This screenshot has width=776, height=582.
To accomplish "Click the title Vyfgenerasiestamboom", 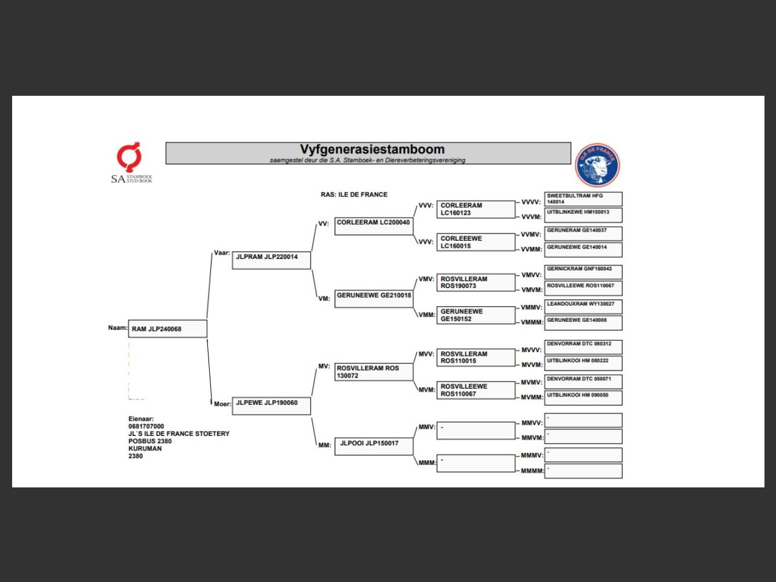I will pyautogui.click(x=372, y=149).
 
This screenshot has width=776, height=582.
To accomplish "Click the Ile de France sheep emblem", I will pyautogui.click(x=597, y=165).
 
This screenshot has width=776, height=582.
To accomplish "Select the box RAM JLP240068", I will pyautogui.click(x=167, y=329).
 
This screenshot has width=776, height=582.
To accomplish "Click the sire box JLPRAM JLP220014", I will pyautogui.click(x=271, y=260).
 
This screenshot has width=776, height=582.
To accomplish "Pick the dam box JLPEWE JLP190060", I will pyautogui.click(x=271, y=406).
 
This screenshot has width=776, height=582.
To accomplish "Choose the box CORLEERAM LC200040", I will pyautogui.click(x=373, y=226).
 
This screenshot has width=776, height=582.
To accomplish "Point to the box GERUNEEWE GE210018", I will pyautogui.click(x=373, y=299).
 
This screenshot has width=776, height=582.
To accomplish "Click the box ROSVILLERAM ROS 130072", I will pyautogui.click(x=373, y=372).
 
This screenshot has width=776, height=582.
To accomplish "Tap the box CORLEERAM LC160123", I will pyautogui.click(x=476, y=209).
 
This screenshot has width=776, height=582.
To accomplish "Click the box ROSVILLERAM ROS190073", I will pyautogui.click(x=476, y=283).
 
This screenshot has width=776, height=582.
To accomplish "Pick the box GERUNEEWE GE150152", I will pyautogui.click(x=476, y=315).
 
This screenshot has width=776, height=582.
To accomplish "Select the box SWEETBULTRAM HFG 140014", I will pyautogui.click(x=583, y=199).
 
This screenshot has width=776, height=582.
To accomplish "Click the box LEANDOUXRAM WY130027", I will pyautogui.click(x=583, y=306).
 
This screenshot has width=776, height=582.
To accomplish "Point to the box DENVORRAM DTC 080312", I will pyautogui.click(x=583, y=346).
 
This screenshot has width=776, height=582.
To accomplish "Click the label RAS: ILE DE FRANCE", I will pyautogui.click(x=354, y=195).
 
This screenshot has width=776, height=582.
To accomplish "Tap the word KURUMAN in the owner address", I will pyautogui.click(x=145, y=449).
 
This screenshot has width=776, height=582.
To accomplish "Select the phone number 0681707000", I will pyautogui.click(x=146, y=426).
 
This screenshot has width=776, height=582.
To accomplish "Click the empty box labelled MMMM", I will pyautogui.click(x=583, y=471).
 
